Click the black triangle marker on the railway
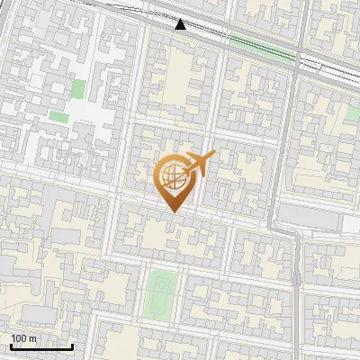tap(181, 24)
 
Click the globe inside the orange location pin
tap(171, 178)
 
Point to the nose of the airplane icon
tap(212, 156)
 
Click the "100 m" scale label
tap(23, 338)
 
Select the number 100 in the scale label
tap(19, 338)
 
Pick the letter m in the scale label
tap(32, 338)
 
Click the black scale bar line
tap(41, 346)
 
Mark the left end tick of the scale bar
tap(11, 345)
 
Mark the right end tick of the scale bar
tap(72, 345)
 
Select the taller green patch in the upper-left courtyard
tap(78, 89)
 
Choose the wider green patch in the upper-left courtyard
tap(58, 116)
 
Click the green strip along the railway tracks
tap(261, 45)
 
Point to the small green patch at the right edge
tap(352, 113)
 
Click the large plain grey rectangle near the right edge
tap(306, 214)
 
